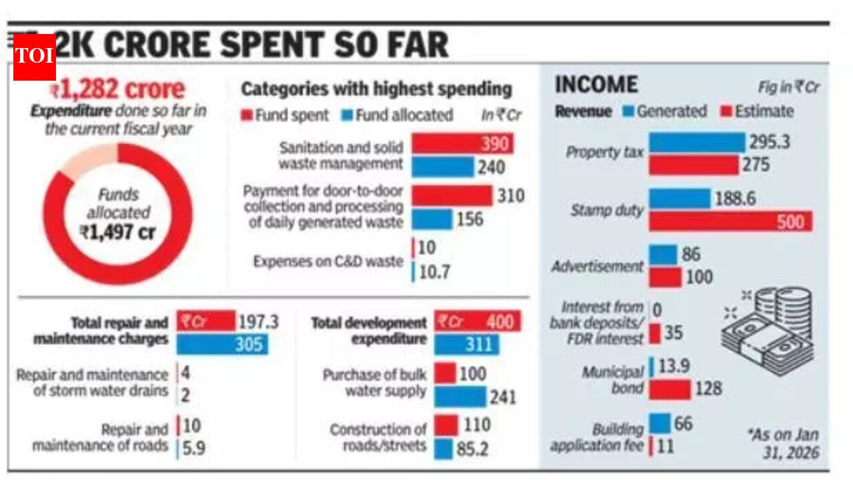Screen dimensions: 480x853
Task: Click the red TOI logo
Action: click(34, 57)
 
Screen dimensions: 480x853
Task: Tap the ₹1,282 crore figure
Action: click(117, 90)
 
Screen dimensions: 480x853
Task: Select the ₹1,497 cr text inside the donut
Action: click(118, 231)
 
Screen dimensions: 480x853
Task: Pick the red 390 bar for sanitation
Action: click(462, 144)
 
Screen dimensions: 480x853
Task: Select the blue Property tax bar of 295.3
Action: click(697, 142)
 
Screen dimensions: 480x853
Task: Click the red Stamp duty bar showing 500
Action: click(730, 222)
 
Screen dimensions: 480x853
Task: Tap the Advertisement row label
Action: click(597, 267)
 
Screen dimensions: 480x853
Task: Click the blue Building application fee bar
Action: click(660, 423)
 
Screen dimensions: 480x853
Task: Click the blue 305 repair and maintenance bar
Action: click(222, 345)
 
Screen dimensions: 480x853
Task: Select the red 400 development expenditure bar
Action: click(477, 322)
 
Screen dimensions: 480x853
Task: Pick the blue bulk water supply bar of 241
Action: click(460, 397)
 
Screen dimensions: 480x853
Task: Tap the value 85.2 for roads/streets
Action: click(472, 449)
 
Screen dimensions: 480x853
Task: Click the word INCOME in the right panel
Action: click(596, 85)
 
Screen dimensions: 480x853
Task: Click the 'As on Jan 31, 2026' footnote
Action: click(784, 444)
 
